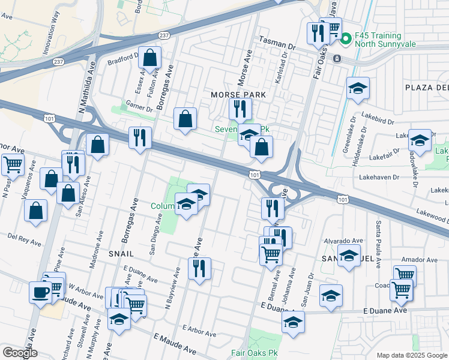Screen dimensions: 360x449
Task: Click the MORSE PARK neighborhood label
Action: (238, 95)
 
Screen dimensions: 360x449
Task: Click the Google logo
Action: (19, 353)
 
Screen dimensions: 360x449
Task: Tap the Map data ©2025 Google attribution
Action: (411, 355)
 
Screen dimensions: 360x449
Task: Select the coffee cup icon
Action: (40, 292)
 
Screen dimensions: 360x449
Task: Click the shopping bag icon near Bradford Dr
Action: (150, 58)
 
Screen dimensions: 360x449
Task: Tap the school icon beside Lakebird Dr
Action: (358, 89)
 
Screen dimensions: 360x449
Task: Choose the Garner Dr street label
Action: (138, 106)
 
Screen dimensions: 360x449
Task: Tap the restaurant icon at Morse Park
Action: (240, 109)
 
